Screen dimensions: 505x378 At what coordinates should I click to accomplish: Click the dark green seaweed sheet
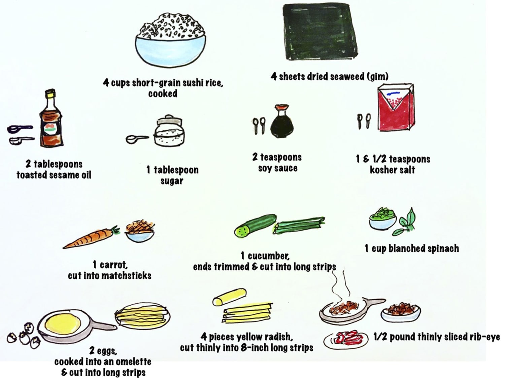[x=320, y=32]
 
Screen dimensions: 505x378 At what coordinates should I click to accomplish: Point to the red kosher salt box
[x=396, y=108]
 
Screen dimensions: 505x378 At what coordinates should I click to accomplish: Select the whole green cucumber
[x=255, y=225]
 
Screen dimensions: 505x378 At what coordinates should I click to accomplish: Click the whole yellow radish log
[x=229, y=297]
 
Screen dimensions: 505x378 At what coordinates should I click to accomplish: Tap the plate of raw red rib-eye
[x=346, y=340]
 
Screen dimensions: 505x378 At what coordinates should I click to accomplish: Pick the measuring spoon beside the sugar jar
[x=137, y=139]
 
